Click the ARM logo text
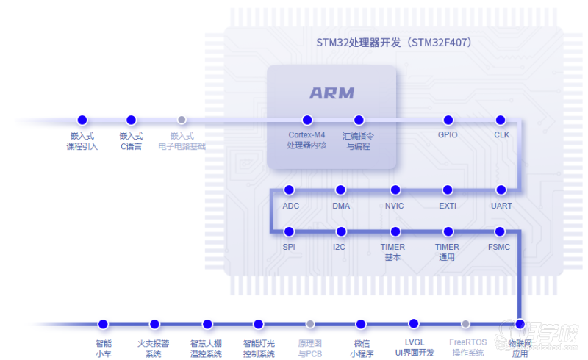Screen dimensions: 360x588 click(331, 93)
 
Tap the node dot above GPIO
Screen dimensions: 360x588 click(448, 120)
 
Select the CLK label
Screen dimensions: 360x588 click(501, 135)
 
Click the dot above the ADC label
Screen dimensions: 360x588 click(290, 190)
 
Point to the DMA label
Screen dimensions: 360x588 click(341, 206)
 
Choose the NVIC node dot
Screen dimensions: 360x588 click(395, 190)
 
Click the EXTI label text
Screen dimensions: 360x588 click(448, 206)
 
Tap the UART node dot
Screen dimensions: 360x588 click(501, 190)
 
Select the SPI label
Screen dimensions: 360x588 click(289, 247)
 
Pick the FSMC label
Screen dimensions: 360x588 click(499, 247)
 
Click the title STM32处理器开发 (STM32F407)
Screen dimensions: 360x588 click(394, 43)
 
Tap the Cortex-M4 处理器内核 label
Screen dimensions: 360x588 click(306, 140)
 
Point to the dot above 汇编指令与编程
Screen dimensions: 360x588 click(359, 120)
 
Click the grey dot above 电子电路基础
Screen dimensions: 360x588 click(182, 120)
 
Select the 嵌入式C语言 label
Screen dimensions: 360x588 click(131, 140)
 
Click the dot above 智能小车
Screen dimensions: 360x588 click(103, 324)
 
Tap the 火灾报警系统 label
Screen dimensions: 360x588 click(154, 348)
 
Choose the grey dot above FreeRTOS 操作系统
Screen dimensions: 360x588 click(465, 324)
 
